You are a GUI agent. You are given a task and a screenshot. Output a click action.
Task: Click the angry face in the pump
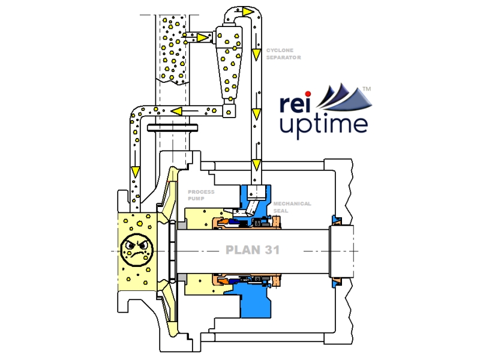pos(137,251)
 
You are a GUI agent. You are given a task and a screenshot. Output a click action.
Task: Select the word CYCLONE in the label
pos(280,51)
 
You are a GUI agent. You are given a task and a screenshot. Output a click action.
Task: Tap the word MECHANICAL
pos(292,204)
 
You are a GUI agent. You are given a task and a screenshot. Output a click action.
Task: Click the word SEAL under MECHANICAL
pos(281,210)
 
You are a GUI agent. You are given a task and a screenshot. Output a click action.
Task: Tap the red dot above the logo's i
pos(309,94)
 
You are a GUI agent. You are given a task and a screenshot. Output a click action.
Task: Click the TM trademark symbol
pos(367,89)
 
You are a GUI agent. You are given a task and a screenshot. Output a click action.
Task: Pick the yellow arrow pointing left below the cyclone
pos(178,110)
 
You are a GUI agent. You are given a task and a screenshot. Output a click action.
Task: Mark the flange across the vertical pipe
pos(172,128)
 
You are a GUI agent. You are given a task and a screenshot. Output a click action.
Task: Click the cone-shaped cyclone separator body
pos(229,66)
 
